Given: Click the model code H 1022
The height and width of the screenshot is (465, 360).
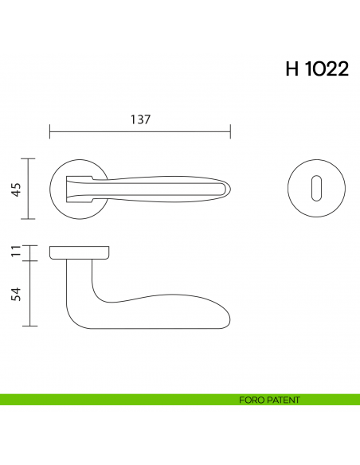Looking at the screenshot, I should (x=316, y=69).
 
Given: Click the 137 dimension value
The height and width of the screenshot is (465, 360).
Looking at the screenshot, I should (x=140, y=119).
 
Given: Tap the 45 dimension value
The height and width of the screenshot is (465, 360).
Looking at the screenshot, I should (x=16, y=189).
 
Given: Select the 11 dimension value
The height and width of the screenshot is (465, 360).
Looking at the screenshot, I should (x=16, y=253).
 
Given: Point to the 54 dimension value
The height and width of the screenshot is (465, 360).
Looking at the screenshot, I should (x=16, y=294).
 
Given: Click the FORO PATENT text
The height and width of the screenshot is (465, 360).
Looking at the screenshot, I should (x=269, y=400).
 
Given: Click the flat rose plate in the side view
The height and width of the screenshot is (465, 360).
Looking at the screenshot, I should (x=78, y=253).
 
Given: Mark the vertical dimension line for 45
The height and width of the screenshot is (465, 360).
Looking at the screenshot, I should (x=29, y=189).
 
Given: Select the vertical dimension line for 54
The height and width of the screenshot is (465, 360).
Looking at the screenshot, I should (x=29, y=294).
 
